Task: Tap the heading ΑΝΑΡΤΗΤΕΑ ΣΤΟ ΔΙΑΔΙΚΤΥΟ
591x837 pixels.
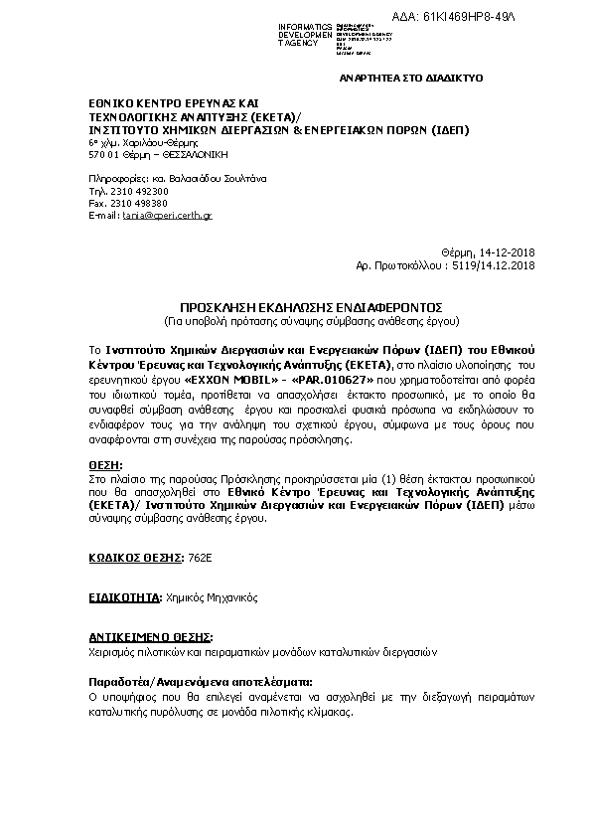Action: click(411, 76)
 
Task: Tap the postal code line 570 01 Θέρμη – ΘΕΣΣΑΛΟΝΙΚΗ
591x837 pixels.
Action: click(158, 155)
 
